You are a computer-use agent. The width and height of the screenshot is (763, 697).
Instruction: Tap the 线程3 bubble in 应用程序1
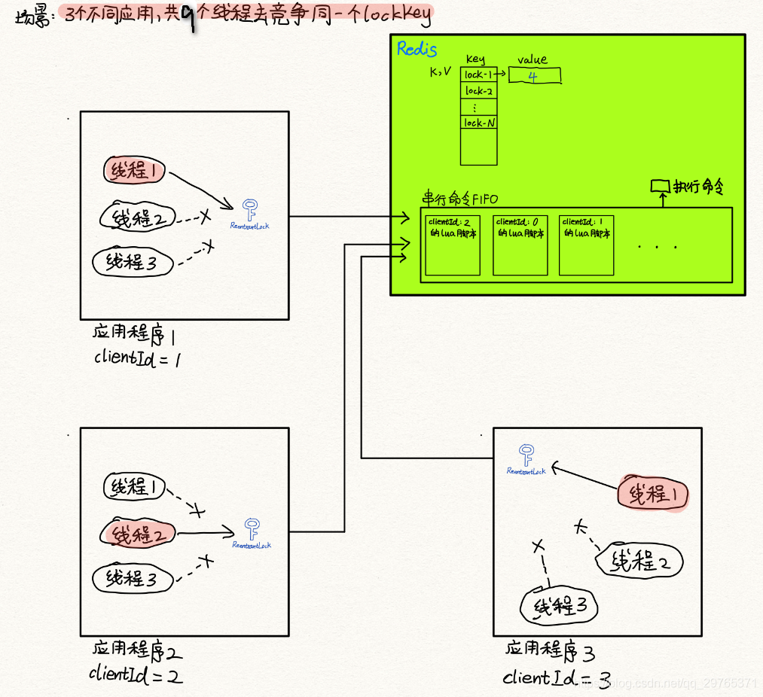tap(133, 262)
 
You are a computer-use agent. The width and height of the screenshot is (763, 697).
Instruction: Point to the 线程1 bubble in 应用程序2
tap(134, 488)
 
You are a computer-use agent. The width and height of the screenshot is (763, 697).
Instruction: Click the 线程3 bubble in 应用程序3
tap(558, 606)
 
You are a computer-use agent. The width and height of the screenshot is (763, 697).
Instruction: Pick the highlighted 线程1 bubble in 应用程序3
tap(653, 494)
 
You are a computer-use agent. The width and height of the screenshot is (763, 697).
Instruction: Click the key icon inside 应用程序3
tap(526, 455)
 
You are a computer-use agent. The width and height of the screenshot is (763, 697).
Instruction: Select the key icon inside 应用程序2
tap(252, 528)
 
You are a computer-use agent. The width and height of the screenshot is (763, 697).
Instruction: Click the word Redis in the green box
tap(417, 50)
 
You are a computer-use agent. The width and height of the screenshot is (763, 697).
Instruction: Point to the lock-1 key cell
tap(478, 75)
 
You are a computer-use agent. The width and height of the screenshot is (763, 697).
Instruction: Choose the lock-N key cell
tap(478, 123)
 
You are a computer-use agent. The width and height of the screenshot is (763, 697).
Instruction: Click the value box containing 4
tap(535, 76)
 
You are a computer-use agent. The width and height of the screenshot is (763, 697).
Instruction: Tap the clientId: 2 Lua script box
tap(453, 245)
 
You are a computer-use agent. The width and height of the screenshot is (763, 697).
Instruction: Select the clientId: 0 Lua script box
tap(520, 245)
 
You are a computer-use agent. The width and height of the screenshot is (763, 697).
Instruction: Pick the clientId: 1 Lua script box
tap(586, 245)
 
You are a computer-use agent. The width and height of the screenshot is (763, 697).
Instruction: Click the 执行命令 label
tap(698, 186)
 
